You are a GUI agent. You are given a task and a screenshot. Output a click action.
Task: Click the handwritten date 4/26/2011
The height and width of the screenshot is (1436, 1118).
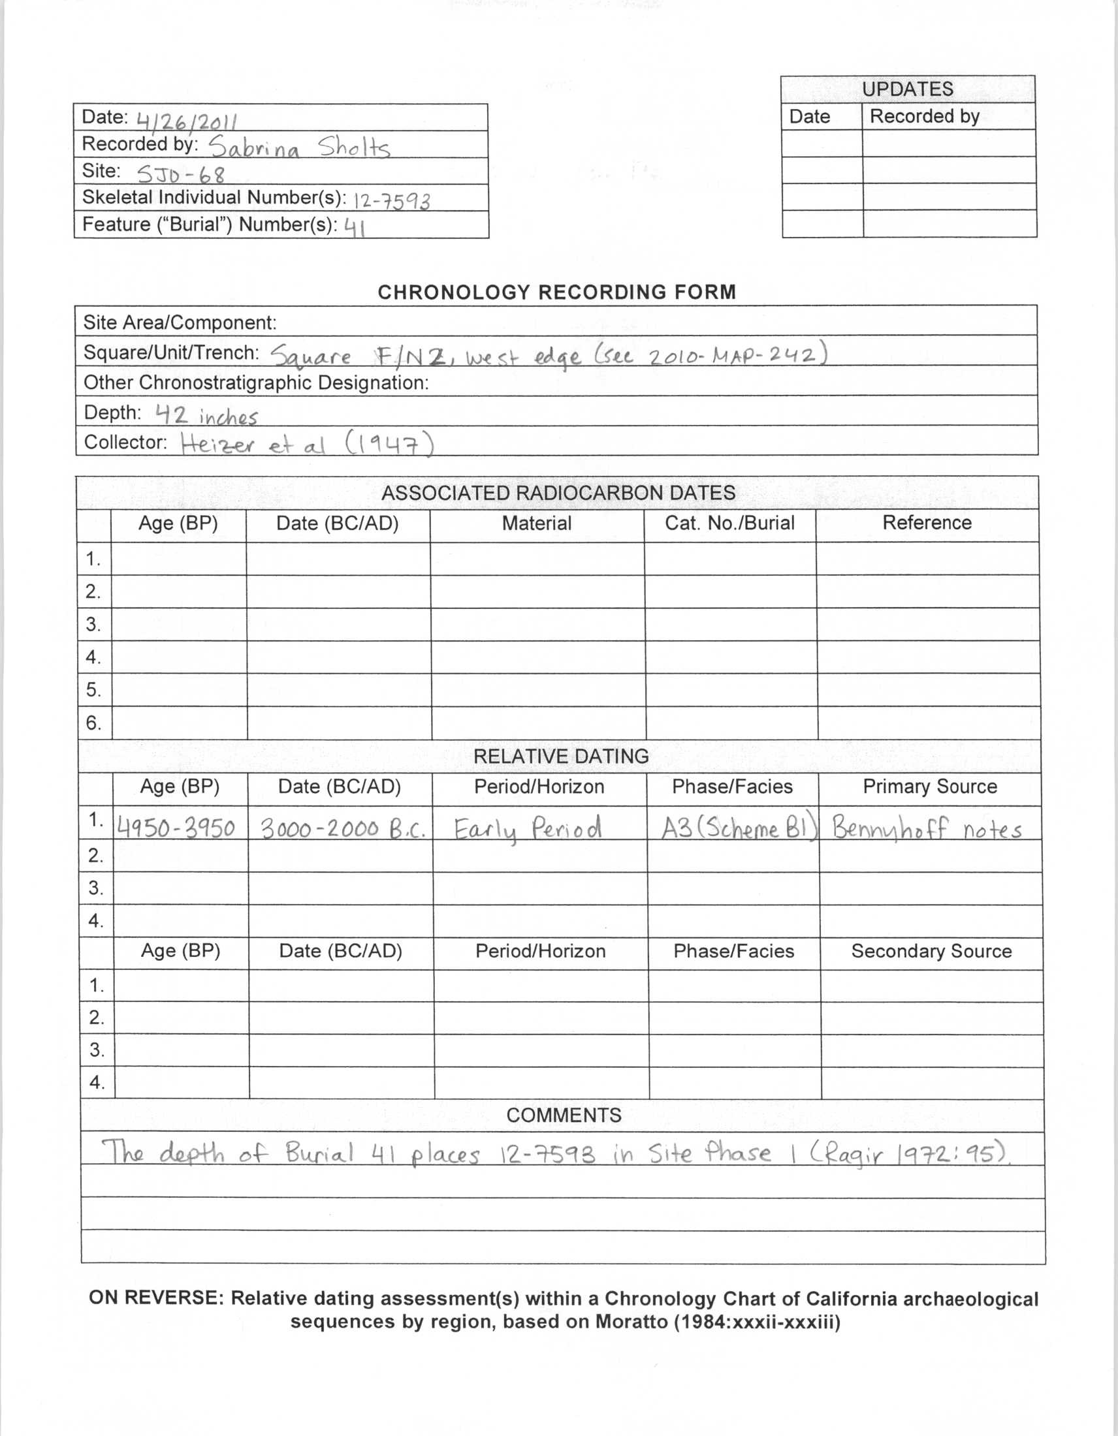pos(187,121)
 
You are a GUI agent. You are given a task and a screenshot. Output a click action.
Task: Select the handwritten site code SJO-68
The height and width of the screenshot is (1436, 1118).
pos(181,174)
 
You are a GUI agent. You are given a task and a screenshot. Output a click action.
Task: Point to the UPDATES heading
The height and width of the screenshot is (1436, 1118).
pos(908,89)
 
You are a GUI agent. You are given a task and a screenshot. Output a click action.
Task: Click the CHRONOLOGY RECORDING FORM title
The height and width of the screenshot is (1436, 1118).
pos(556,292)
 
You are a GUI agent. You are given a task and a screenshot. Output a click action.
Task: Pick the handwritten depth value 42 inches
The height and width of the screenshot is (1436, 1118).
pos(206,416)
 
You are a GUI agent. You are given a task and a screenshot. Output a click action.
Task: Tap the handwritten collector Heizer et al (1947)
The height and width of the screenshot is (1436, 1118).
pos(307,445)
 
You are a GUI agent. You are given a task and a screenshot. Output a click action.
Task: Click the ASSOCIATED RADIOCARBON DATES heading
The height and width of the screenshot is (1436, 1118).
pos(558,492)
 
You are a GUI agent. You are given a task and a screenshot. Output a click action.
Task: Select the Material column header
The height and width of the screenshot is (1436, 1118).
pos(537,523)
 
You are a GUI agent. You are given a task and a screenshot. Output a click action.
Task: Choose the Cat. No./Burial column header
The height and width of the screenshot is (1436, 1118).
pos(729,523)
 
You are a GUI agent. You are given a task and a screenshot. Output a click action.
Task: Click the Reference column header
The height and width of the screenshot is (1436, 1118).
pos(927,523)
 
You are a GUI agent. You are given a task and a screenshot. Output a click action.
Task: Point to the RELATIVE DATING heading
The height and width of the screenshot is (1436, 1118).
pos(560,756)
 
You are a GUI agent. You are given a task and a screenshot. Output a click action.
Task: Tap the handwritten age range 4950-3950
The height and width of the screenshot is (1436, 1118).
pos(176,828)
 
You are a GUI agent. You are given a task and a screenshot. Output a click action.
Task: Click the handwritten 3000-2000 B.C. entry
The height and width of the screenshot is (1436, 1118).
pos(343,829)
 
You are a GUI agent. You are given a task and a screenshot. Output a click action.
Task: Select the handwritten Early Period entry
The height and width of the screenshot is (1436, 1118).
pos(528,829)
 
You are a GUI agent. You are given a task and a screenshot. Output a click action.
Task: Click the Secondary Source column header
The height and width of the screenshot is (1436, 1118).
pos(931,951)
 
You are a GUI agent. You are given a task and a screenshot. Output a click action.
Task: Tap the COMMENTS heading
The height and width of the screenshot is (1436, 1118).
pos(564,1114)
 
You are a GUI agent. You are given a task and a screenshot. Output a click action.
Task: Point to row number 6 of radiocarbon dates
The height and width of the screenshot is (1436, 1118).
pos(93,723)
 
